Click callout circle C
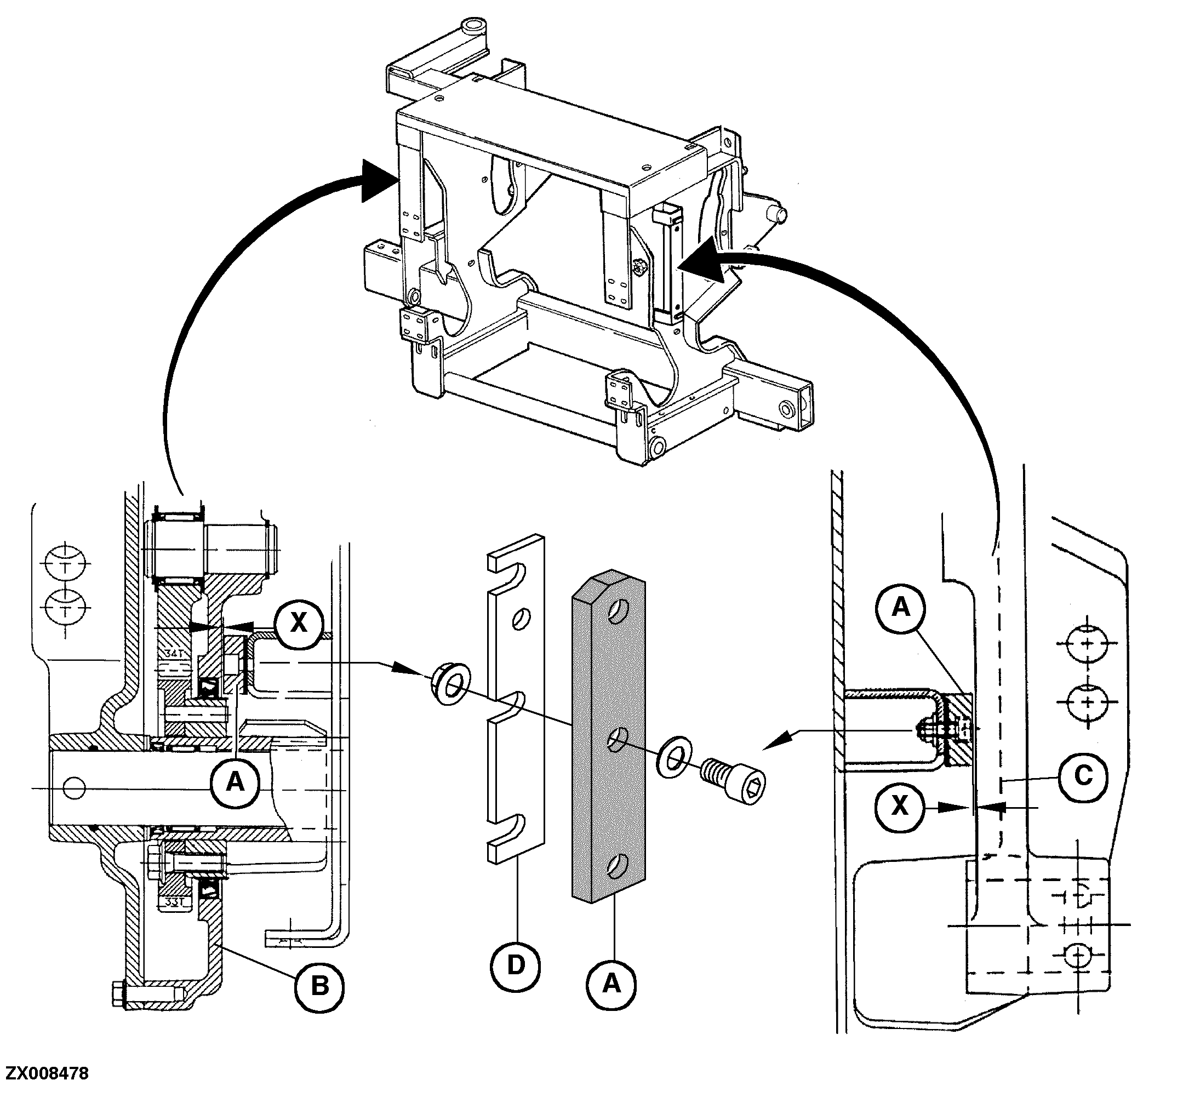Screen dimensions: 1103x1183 click(x=1083, y=776)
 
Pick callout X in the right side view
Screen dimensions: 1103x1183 click(x=900, y=806)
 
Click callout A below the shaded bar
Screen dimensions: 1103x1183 click(x=611, y=984)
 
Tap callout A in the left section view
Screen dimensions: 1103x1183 click(x=236, y=781)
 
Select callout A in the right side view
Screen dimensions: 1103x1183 click(x=901, y=608)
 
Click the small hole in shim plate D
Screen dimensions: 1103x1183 click(x=520, y=618)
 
